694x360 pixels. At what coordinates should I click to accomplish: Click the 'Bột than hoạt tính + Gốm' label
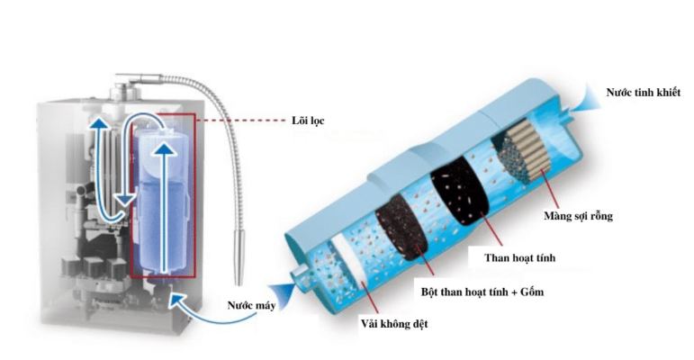pyautogui.click(x=482, y=292)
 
